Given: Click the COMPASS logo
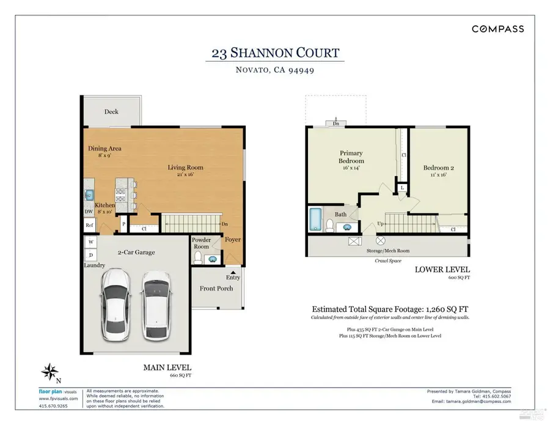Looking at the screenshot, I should (x=497, y=29).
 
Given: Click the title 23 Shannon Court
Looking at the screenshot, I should (x=275, y=53).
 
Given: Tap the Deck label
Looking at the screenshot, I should (x=111, y=112).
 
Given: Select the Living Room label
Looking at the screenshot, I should (x=186, y=168).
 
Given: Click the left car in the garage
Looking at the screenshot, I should (x=116, y=305).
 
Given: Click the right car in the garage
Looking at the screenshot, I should (x=155, y=305).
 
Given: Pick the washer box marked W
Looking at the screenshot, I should (x=91, y=242).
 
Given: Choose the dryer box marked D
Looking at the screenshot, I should (x=91, y=254).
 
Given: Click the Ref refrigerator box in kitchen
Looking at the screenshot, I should (x=89, y=225).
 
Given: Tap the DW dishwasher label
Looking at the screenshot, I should (x=89, y=212).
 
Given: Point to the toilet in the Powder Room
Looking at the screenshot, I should (x=197, y=259).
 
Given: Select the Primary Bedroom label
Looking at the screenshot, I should (x=351, y=157).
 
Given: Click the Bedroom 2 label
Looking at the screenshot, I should (x=438, y=168).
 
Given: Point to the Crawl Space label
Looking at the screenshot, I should (x=387, y=260).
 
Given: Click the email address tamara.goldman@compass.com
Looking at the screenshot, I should (x=471, y=401).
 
